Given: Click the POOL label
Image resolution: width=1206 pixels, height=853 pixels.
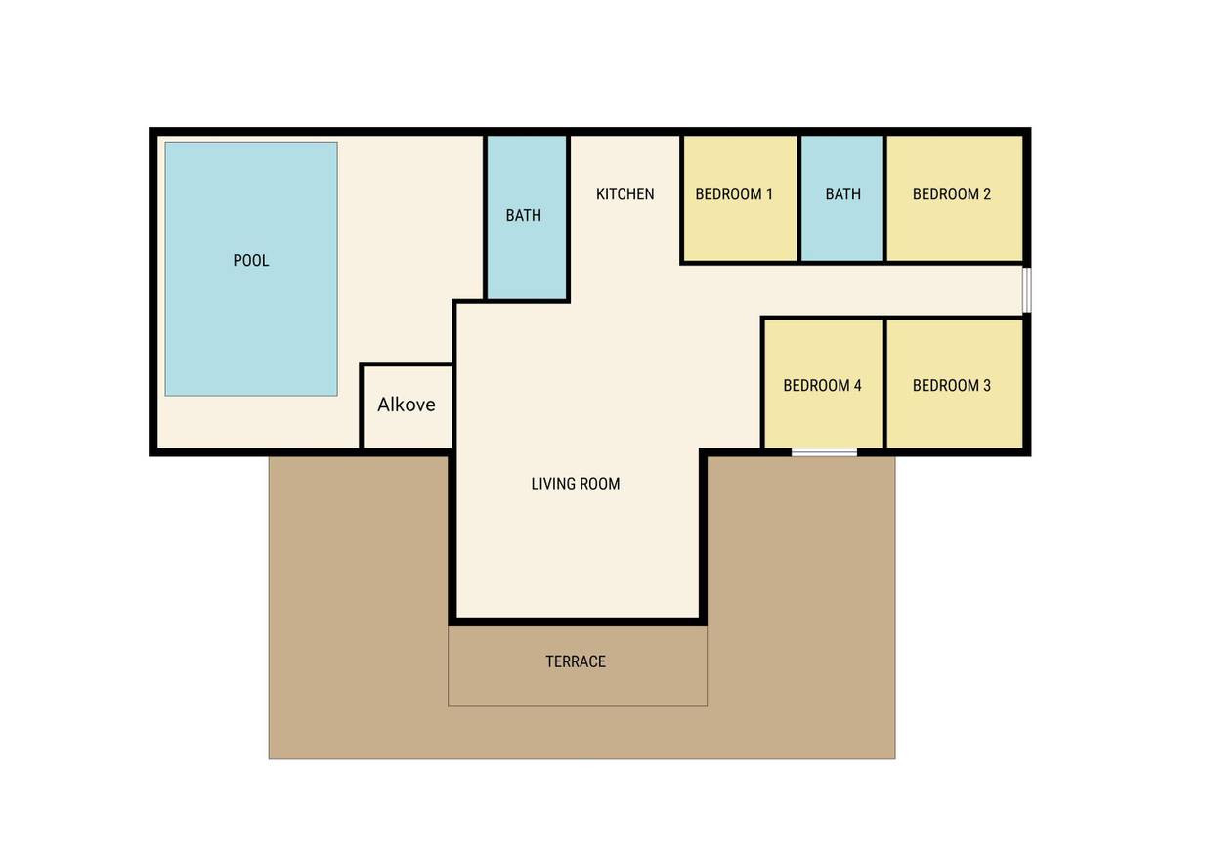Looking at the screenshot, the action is [x=251, y=261].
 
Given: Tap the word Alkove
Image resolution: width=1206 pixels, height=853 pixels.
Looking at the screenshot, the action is [x=407, y=405].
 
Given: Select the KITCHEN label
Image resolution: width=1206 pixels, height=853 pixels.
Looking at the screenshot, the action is [x=625, y=193].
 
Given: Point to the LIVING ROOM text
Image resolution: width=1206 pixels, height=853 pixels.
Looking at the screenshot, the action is [x=576, y=484].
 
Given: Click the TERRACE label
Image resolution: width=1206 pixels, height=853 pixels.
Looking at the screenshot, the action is [x=576, y=661].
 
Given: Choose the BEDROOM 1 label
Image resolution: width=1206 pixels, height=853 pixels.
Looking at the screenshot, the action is [x=734, y=193].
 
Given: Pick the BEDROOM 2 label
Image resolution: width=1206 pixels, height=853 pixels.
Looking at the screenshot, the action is [x=952, y=193].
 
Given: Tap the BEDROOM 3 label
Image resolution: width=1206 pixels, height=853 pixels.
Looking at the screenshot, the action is [x=952, y=385].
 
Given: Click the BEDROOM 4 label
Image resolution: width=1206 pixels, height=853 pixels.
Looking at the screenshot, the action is [x=822, y=385].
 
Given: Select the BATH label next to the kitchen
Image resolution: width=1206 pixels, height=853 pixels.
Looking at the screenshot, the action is [x=523, y=215].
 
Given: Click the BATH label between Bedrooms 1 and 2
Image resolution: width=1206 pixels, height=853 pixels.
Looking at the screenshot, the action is [x=843, y=193].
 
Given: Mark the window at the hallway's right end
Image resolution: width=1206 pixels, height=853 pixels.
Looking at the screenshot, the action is [x=1027, y=290].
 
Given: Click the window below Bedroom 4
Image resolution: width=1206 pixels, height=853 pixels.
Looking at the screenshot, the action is [x=824, y=452].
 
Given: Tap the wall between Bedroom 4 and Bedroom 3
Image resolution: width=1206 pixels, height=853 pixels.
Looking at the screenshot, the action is [x=884, y=383].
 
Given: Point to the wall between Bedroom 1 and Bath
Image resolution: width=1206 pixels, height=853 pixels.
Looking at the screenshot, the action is [x=799, y=198].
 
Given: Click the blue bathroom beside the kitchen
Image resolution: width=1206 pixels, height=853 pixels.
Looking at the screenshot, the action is [x=527, y=216].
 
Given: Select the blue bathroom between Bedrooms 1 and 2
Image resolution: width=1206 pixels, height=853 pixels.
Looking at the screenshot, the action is [x=841, y=198].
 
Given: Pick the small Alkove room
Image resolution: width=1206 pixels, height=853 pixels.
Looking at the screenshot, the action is [x=407, y=406].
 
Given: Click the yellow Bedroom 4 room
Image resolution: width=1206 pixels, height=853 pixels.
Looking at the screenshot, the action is [x=823, y=384].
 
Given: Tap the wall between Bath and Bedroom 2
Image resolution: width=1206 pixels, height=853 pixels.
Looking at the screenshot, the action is [x=884, y=198].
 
